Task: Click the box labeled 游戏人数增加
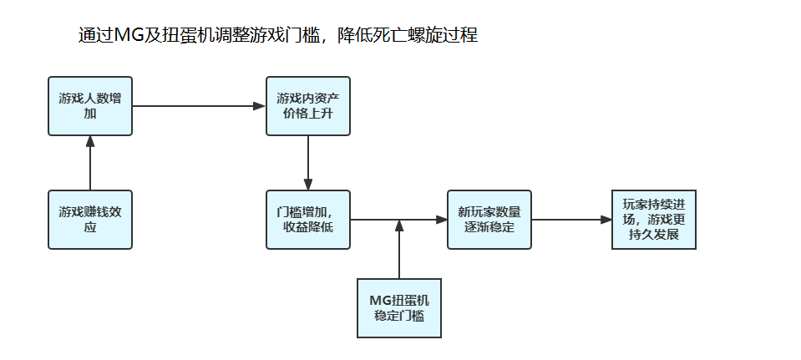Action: pos(90,105)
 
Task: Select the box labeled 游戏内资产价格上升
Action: pos(308,105)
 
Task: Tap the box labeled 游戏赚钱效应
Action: pos(90,219)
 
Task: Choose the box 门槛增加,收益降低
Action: pos(308,219)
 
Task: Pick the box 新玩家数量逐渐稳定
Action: pos(489,219)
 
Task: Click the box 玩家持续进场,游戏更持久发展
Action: pos(654,219)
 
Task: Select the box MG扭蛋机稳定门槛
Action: pos(399,308)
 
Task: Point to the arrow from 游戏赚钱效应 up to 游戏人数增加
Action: pos(90,162)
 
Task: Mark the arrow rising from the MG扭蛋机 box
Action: pos(399,251)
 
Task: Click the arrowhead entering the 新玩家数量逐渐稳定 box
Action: pos(442,220)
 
